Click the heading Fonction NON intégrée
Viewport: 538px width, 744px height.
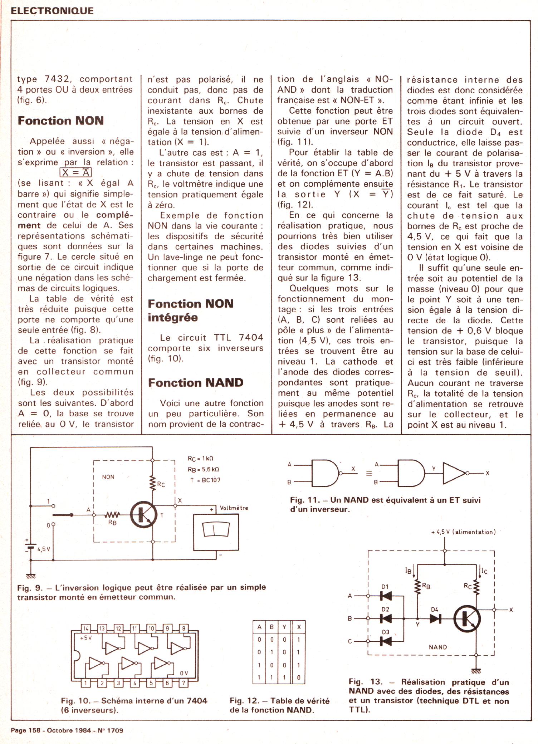(x=190, y=310)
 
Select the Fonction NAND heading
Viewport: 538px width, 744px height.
(x=196, y=382)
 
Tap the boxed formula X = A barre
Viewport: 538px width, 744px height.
(x=75, y=172)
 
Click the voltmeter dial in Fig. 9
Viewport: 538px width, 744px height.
(x=216, y=529)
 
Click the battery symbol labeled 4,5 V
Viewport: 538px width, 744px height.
(x=31, y=548)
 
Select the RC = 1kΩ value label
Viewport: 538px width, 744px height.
(x=200, y=459)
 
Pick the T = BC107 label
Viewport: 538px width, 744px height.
(x=205, y=480)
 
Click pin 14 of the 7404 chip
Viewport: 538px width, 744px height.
(x=86, y=628)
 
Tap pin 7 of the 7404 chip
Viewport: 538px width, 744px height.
(x=183, y=683)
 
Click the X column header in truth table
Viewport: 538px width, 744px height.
(x=299, y=627)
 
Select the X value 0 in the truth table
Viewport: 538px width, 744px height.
(x=299, y=677)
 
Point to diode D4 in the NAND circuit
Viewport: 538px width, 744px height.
(x=435, y=618)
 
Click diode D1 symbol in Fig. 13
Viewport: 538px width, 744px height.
(x=386, y=596)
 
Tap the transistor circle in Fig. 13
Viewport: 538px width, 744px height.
(x=467, y=618)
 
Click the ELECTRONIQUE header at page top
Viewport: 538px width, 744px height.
(x=52, y=11)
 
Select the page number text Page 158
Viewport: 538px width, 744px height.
(x=25, y=730)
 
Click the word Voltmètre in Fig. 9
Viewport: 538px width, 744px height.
(x=234, y=508)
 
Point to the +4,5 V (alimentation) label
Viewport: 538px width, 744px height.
(x=464, y=532)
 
